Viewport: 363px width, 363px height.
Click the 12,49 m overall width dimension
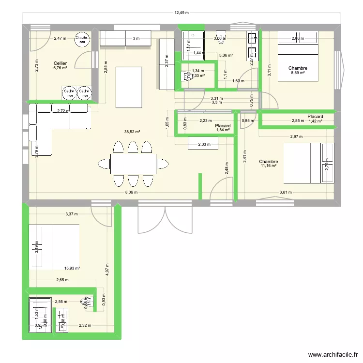click(181, 13)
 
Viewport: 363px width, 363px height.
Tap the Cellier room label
click(60, 63)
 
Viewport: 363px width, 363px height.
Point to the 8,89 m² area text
click(297, 73)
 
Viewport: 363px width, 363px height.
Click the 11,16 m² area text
click(268, 166)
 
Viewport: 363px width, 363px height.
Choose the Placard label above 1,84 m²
click(223, 126)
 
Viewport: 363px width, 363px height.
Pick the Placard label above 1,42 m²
click(315, 117)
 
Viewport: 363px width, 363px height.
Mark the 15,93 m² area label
click(72, 268)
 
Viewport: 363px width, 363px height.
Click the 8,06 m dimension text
click(131, 192)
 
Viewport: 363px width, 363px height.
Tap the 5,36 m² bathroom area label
click(226, 56)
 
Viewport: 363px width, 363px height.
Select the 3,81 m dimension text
click(287, 192)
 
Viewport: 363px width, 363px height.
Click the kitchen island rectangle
click(129, 87)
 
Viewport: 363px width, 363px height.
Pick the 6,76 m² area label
click(60, 68)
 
